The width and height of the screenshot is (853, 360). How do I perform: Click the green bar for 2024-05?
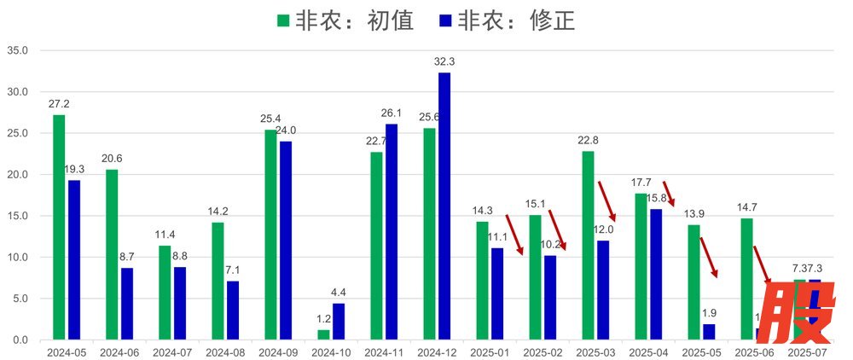(59, 227)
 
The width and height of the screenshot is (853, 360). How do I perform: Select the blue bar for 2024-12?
(444, 206)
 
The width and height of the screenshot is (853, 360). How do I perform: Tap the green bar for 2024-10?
(323, 334)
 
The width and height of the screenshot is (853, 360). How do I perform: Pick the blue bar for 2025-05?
(709, 332)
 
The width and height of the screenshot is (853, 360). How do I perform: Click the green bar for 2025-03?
(588, 245)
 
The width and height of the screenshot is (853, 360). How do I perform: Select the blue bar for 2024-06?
(127, 304)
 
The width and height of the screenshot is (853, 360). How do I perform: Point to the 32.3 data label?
(444, 61)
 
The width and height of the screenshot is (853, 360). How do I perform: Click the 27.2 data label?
(59, 104)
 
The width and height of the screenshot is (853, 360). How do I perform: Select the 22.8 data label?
(588, 141)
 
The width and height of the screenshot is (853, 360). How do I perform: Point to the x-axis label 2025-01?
(490, 351)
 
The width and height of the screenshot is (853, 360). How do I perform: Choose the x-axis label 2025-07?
(808, 351)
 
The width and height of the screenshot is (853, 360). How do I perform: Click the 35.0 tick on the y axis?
(18, 50)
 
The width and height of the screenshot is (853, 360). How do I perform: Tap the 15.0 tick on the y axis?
(18, 216)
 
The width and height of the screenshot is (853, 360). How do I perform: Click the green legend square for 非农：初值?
(283, 20)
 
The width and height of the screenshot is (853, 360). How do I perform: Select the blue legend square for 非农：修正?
(445, 20)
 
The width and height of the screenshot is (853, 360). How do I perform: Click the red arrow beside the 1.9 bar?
(710, 257)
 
